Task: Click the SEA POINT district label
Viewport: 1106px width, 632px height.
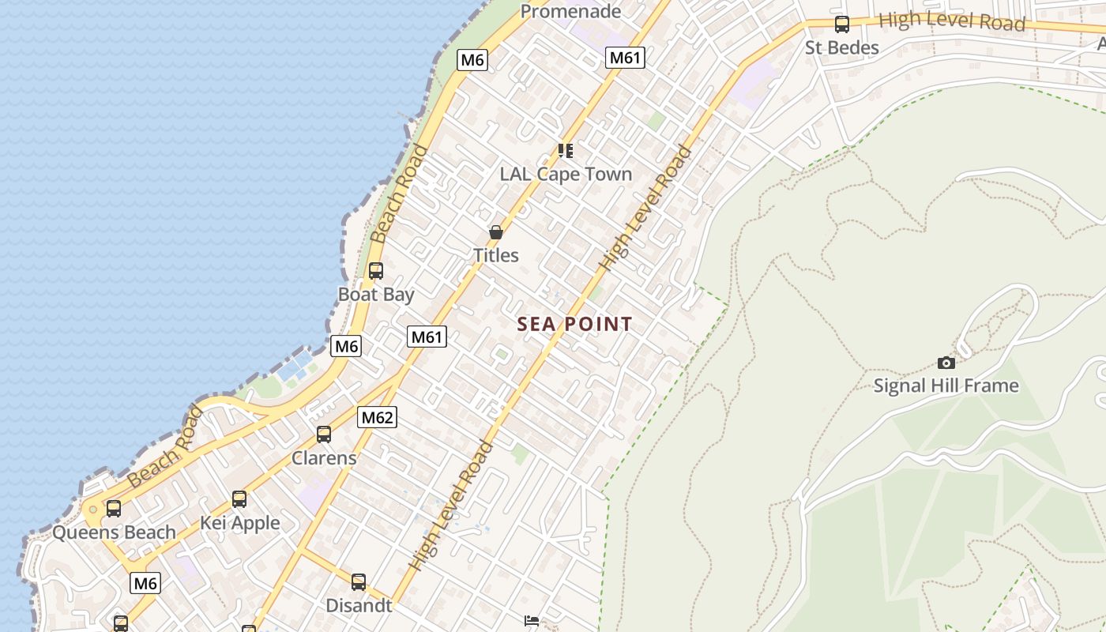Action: tap(574, 324)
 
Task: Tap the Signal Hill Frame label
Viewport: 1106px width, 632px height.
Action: tap(946, 386)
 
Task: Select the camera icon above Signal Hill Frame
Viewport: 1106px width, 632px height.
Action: tap(946, 363)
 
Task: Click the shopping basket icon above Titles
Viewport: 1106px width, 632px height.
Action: tap(495, 232)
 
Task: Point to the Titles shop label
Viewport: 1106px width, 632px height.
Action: tap(495, 255)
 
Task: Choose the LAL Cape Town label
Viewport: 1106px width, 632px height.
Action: tap(566, 174)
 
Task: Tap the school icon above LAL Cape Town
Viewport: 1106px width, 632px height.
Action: tap(565, 150)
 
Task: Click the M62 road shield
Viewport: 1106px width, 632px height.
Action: tap(377, 417)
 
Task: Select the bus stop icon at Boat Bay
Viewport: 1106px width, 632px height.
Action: tap(376, 271)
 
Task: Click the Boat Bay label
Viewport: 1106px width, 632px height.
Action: tap(376, 295)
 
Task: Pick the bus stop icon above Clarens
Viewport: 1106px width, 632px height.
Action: tap(324, 434)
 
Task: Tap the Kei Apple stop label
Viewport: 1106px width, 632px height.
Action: tap(239, 523)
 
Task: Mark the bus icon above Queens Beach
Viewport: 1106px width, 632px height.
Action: tap(114, 509)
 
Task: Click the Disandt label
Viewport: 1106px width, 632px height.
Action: tap(359, 606)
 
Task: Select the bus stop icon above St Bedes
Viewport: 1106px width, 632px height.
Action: tap(842, 24)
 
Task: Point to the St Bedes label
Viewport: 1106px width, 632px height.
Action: tap(841, 47)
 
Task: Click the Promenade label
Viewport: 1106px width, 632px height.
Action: tap(570, 11)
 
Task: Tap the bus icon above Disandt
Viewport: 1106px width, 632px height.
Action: tap(359, 582)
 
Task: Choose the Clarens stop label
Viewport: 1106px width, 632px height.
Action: tap(324, 458)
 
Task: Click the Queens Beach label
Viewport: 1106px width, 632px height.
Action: tap(114, 532)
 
